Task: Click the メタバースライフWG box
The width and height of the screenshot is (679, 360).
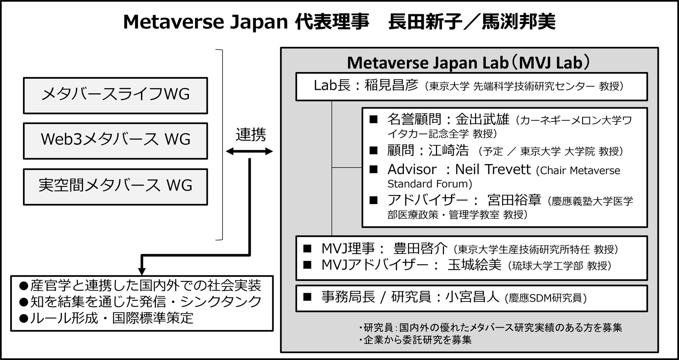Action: point(115,95)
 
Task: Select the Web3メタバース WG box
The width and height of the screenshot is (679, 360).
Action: point(115,141)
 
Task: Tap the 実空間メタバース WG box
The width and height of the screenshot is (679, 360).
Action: point(115,187)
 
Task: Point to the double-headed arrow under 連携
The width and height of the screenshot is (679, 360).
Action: point(249,151)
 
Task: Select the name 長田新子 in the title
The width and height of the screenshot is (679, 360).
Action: point(425,22)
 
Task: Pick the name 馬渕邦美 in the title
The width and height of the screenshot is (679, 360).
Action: point(518,22)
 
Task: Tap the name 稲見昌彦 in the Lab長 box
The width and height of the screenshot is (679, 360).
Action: point(391,85)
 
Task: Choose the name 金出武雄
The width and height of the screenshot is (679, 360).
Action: point(482,120)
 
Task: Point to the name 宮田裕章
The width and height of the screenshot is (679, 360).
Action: point(514,200)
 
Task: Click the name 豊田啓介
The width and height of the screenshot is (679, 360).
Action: point(420,249)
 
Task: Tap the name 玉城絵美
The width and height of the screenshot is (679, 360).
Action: point(474,265)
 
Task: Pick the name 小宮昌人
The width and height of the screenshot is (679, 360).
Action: point(472,297)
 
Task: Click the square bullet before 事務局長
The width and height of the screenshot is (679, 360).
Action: point(307,297)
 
